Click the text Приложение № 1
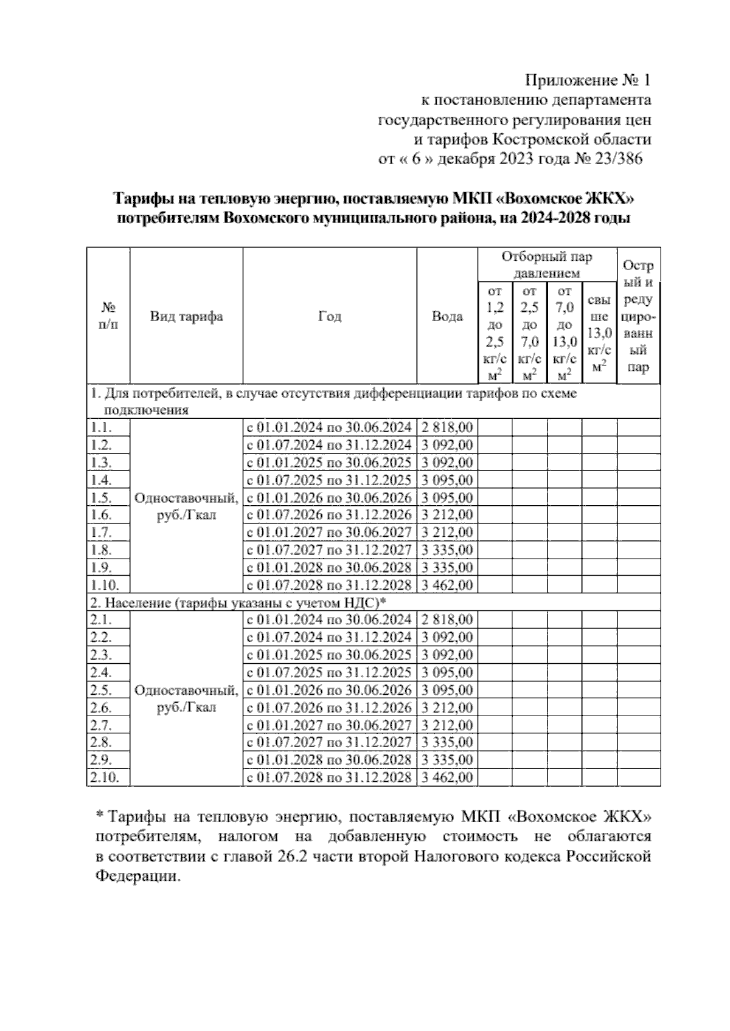(x=588, y=80)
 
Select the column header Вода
(x=447, y=317)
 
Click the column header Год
(x=330, y=317)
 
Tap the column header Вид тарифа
(x=186, y=317)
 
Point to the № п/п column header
(x=108, y=317)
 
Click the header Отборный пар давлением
(x=546, y=265)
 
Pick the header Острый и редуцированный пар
(x=638, y=317)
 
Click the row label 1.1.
(x=100, y=427)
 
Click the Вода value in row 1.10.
(x=447, y=585)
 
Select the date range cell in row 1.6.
(x=329, y=515)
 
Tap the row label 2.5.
(x=100, y=690)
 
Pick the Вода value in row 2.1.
(x=447, y=620)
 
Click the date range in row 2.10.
(x=329, y=778)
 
